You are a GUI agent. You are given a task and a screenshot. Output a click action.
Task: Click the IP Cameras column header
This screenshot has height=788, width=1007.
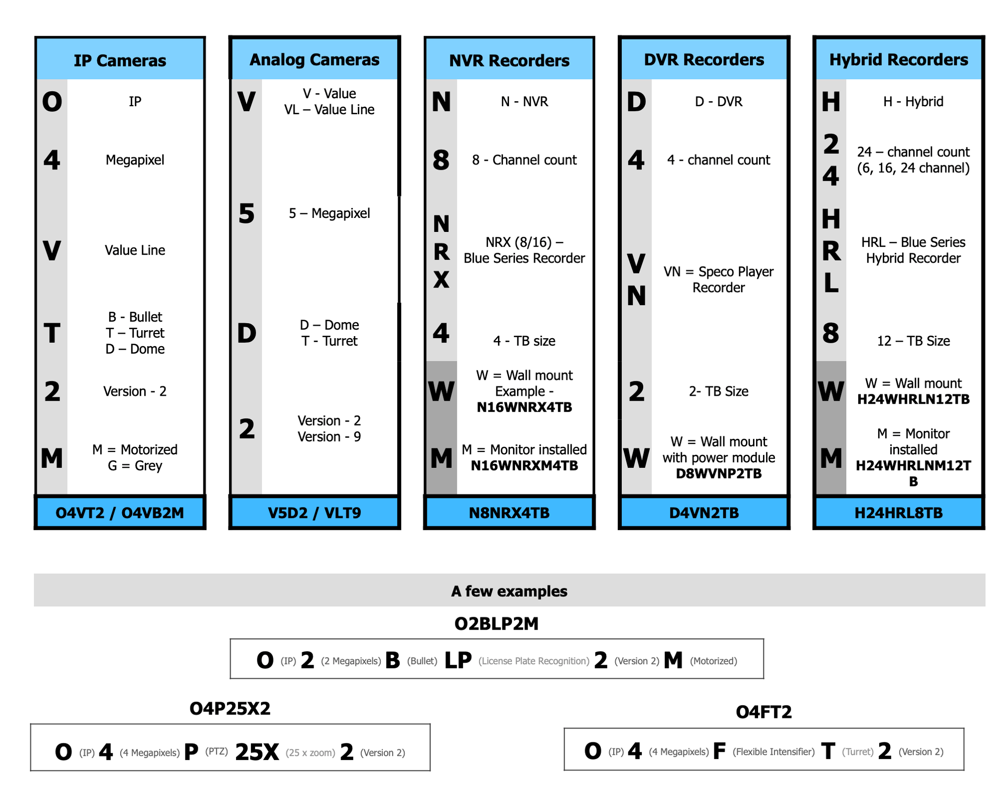point(120,61)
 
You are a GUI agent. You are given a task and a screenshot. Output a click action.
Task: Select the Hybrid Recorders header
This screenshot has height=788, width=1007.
point(898,60)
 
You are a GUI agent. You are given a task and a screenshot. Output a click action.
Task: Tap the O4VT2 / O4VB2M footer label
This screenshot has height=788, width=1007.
point(120,512)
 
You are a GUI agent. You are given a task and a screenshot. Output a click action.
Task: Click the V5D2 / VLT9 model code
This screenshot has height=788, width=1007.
point(314,512)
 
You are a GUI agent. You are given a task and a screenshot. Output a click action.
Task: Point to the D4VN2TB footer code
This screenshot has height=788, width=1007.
point(703,512)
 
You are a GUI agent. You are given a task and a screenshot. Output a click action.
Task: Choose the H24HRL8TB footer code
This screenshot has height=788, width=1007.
point(898,512)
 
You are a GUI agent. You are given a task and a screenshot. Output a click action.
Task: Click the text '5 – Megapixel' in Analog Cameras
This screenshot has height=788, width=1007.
point(329,213)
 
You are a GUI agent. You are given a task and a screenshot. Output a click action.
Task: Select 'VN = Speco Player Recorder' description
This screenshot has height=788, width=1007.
point(718,280)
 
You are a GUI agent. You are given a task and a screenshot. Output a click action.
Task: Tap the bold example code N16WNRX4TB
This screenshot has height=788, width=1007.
point(524,407)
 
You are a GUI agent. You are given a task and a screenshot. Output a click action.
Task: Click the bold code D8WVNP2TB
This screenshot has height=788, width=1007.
point(718,473)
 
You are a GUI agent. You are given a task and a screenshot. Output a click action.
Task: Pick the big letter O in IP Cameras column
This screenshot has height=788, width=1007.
point(52,102)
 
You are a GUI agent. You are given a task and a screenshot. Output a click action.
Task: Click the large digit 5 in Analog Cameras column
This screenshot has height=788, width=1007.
point(246,214)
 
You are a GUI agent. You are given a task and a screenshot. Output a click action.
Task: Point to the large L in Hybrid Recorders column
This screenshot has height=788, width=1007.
point(831,283)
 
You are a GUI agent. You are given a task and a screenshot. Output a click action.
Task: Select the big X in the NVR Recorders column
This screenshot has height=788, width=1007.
point(441,279)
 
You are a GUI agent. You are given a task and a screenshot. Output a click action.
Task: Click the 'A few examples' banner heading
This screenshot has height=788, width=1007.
point(509,591)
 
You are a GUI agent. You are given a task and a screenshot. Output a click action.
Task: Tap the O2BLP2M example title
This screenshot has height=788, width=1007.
point(496,624)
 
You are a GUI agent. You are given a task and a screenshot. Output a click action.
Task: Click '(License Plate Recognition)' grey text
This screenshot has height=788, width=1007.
point(534,661)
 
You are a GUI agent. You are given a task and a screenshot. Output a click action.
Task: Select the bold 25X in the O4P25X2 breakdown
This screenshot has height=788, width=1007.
point(257,752)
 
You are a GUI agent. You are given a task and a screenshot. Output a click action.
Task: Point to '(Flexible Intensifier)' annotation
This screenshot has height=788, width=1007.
point(774,751)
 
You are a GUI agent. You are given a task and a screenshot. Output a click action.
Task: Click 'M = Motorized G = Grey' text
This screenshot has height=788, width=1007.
point(135,457)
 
